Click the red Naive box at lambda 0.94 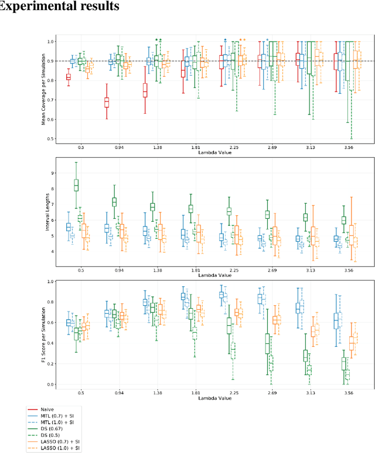pyautogui.click(x=107, y=102)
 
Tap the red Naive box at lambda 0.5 pyautogui.click(x=69, y=76)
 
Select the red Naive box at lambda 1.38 pyautogui.click(x=145, y=90)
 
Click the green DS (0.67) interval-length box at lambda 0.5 pyautogui.click(x=76, y=185)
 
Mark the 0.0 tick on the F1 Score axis pyautogui.click(x=51, y=384)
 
